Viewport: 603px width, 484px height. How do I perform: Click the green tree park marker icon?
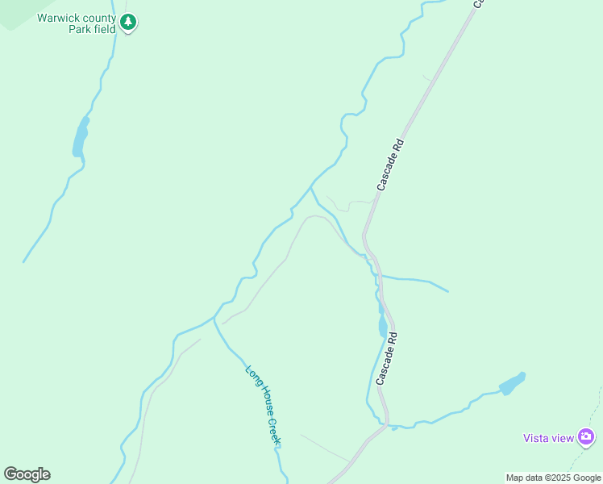pos(128,23)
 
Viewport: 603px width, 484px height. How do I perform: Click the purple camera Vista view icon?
pos(586,437)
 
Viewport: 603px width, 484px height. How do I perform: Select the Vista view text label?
pos(548,438)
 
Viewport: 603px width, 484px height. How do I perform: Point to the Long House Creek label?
pos(264,405)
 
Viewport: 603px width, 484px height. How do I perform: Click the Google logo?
pos(27,474)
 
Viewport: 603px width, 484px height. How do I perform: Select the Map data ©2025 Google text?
pos(553,478)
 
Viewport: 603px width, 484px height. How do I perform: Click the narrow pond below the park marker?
pos(80,139)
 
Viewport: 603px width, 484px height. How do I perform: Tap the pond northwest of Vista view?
pos(512,383)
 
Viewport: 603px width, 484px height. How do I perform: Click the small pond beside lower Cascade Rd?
pos(382,326)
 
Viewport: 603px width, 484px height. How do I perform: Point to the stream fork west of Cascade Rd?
pos(312,187)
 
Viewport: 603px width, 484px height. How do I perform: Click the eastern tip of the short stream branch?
pos(447,291)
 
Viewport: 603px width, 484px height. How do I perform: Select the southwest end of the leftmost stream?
pos(24,261)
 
